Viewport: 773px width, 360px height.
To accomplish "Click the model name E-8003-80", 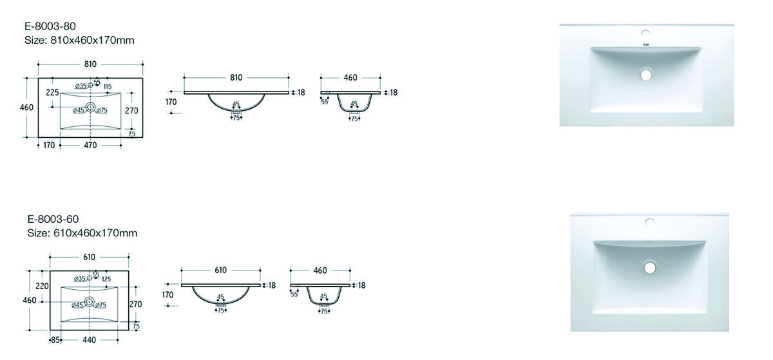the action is click(50, 26).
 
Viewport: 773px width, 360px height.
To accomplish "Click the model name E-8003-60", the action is click(53, 219).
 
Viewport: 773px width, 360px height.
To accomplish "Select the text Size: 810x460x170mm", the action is click(79, 41).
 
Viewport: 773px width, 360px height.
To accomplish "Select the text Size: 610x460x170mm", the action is click(82, 233).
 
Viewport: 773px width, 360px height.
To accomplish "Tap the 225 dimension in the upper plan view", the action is click(52, 93).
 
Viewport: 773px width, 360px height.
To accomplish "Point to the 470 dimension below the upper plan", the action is click(90, 146).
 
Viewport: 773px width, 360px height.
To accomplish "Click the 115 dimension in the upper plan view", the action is click(108, 86).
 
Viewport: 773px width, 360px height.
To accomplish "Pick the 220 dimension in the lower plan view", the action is click(42, 286).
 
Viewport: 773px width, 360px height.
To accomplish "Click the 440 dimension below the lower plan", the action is click(89, 340).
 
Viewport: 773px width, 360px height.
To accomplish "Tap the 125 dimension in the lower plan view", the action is click(106, 279).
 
